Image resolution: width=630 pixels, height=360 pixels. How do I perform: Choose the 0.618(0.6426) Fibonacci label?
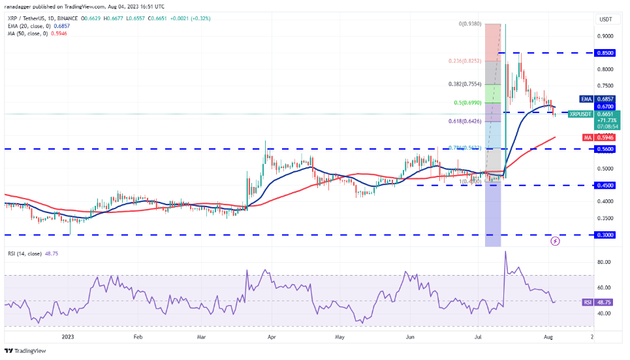pyautogui.click(x=465, y=121)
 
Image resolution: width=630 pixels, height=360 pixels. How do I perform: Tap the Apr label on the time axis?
pyautogui.click(x=271, y=338)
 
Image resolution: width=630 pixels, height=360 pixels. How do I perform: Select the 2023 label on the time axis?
pyautogui.click(x=67, y=338)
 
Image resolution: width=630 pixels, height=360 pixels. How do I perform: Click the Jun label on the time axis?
pyautogui.click(x=410, y=338)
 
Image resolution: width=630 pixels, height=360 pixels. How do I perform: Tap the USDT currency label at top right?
pyautogui.click(x=606, y=19)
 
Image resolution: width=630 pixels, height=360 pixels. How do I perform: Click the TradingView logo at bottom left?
pyautogui.click(x=26, y=351)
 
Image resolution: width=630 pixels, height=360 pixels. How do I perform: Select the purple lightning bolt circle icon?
pyautogui.click(x=556, y=241)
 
